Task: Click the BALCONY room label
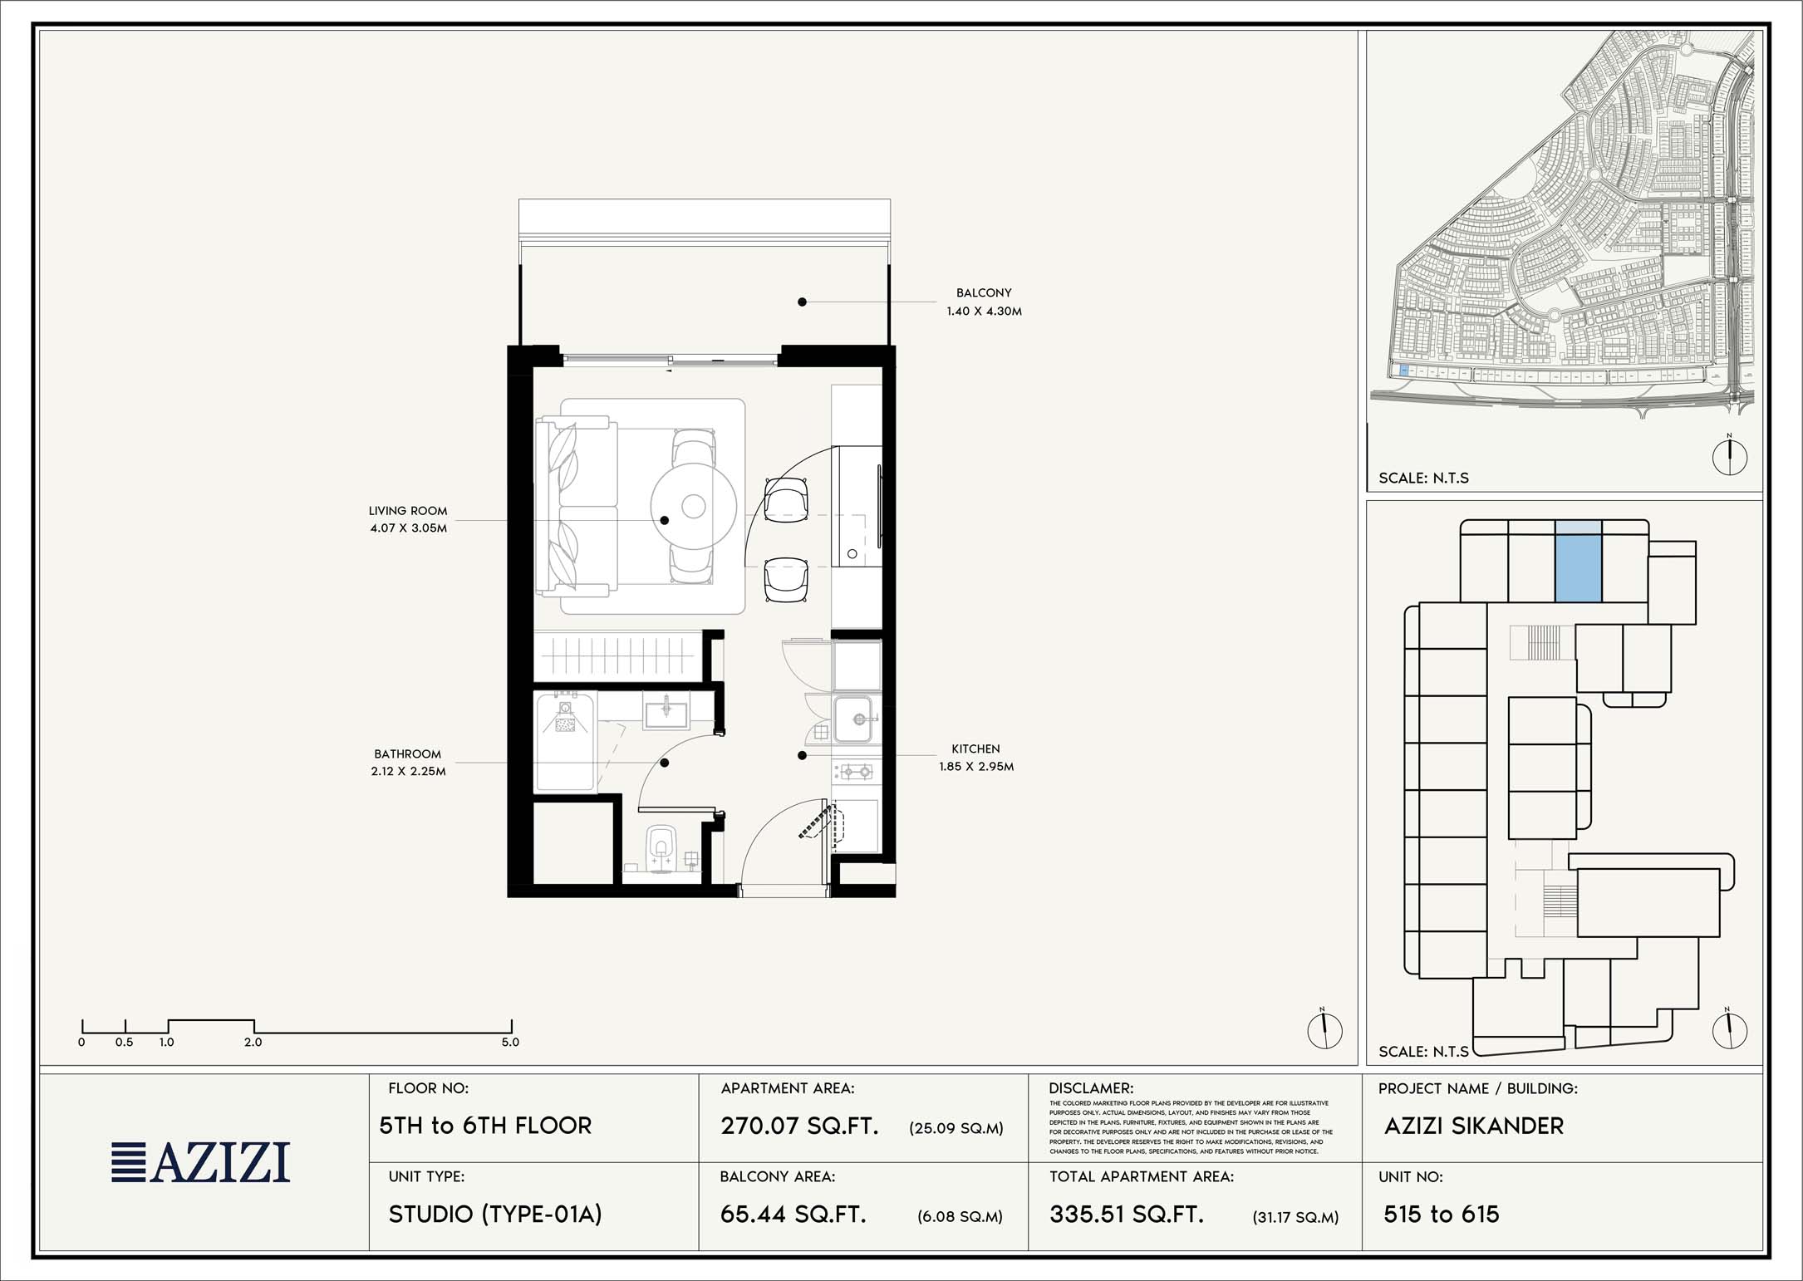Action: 984,293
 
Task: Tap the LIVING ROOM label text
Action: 408,511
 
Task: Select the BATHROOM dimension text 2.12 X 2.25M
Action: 408,772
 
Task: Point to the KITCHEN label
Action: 975,749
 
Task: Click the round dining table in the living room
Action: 694,506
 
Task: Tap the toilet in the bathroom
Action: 661,845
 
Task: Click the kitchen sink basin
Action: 853,719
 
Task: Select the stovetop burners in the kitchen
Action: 856,772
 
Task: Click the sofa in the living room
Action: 576,507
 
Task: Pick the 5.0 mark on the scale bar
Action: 510,1042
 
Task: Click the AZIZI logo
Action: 201,1162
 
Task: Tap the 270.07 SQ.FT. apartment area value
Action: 799,1126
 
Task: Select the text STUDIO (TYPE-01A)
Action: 495,1215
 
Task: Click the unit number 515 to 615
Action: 1442,1215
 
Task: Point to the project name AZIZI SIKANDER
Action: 1474,1126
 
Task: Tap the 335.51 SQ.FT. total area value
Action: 1127,1215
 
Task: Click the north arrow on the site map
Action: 1730,455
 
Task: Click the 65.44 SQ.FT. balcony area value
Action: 793,1215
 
